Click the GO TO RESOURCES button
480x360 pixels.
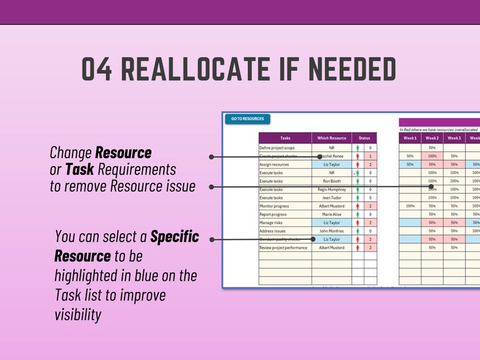[247, 119]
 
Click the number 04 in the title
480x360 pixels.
[97, 70]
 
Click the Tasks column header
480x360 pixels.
[285, 138]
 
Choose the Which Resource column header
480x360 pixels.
[331, 138]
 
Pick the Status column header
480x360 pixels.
[364, 138]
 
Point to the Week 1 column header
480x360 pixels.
[410, 138]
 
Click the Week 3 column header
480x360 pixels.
[454, 138]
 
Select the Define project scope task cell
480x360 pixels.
[284, 147]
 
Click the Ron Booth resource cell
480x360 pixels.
[331, 181]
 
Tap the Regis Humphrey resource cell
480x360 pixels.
[331, 189]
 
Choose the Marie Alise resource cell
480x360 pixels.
[331, 214]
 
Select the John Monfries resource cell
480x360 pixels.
[331, 231]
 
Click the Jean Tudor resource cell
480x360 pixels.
[331, 198]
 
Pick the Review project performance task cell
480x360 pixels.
[284, 248]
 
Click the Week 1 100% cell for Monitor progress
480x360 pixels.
[410, 206]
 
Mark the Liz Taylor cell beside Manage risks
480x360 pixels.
[331, 222]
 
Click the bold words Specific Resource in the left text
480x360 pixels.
[127, 246]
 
